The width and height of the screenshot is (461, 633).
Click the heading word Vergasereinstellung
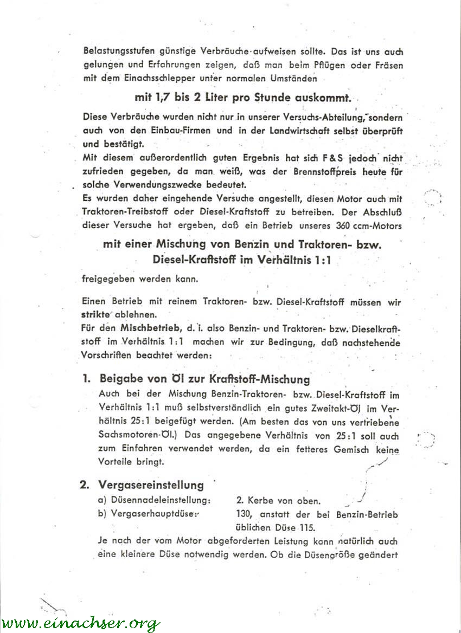coord(151,485)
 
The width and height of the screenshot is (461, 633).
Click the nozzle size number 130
coord(245,515)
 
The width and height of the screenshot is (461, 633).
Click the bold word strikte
coord(96,314)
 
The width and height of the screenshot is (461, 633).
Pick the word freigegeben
coord(107,280)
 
